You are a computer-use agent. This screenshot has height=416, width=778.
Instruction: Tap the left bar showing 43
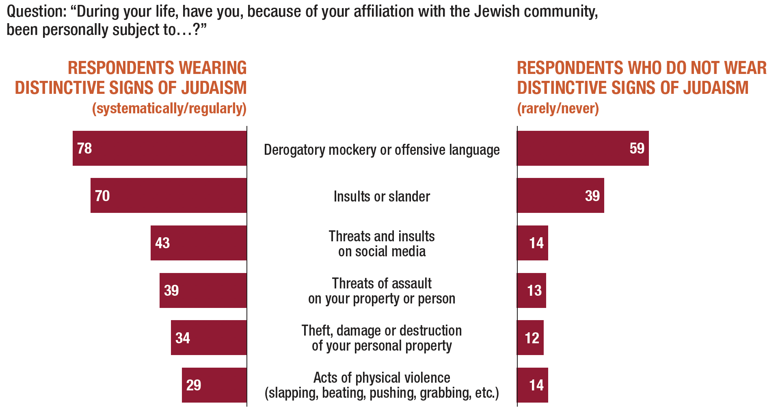coord(199,243)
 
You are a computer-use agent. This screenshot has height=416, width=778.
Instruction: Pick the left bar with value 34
coord(209,338)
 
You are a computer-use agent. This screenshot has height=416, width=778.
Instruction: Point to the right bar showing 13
coord(532,290)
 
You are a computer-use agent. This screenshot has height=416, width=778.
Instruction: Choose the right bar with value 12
coord(530,338)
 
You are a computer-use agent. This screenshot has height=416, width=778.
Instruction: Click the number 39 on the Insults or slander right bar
coord(592,196)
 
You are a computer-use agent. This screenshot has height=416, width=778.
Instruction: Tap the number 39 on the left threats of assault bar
coord(171,290)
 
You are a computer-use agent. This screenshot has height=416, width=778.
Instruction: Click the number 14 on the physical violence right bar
coord(536,385)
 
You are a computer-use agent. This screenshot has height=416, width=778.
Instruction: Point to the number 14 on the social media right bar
coord(536,243)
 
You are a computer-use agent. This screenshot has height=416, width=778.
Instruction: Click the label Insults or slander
coord(382,197)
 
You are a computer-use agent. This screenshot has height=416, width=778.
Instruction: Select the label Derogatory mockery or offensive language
coord(382,150)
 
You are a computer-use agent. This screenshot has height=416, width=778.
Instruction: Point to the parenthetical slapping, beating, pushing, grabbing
coord(382,393)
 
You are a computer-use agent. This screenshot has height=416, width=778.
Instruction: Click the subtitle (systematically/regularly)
coord(169,108)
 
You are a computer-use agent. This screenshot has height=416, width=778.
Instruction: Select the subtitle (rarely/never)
coord(558,108)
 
